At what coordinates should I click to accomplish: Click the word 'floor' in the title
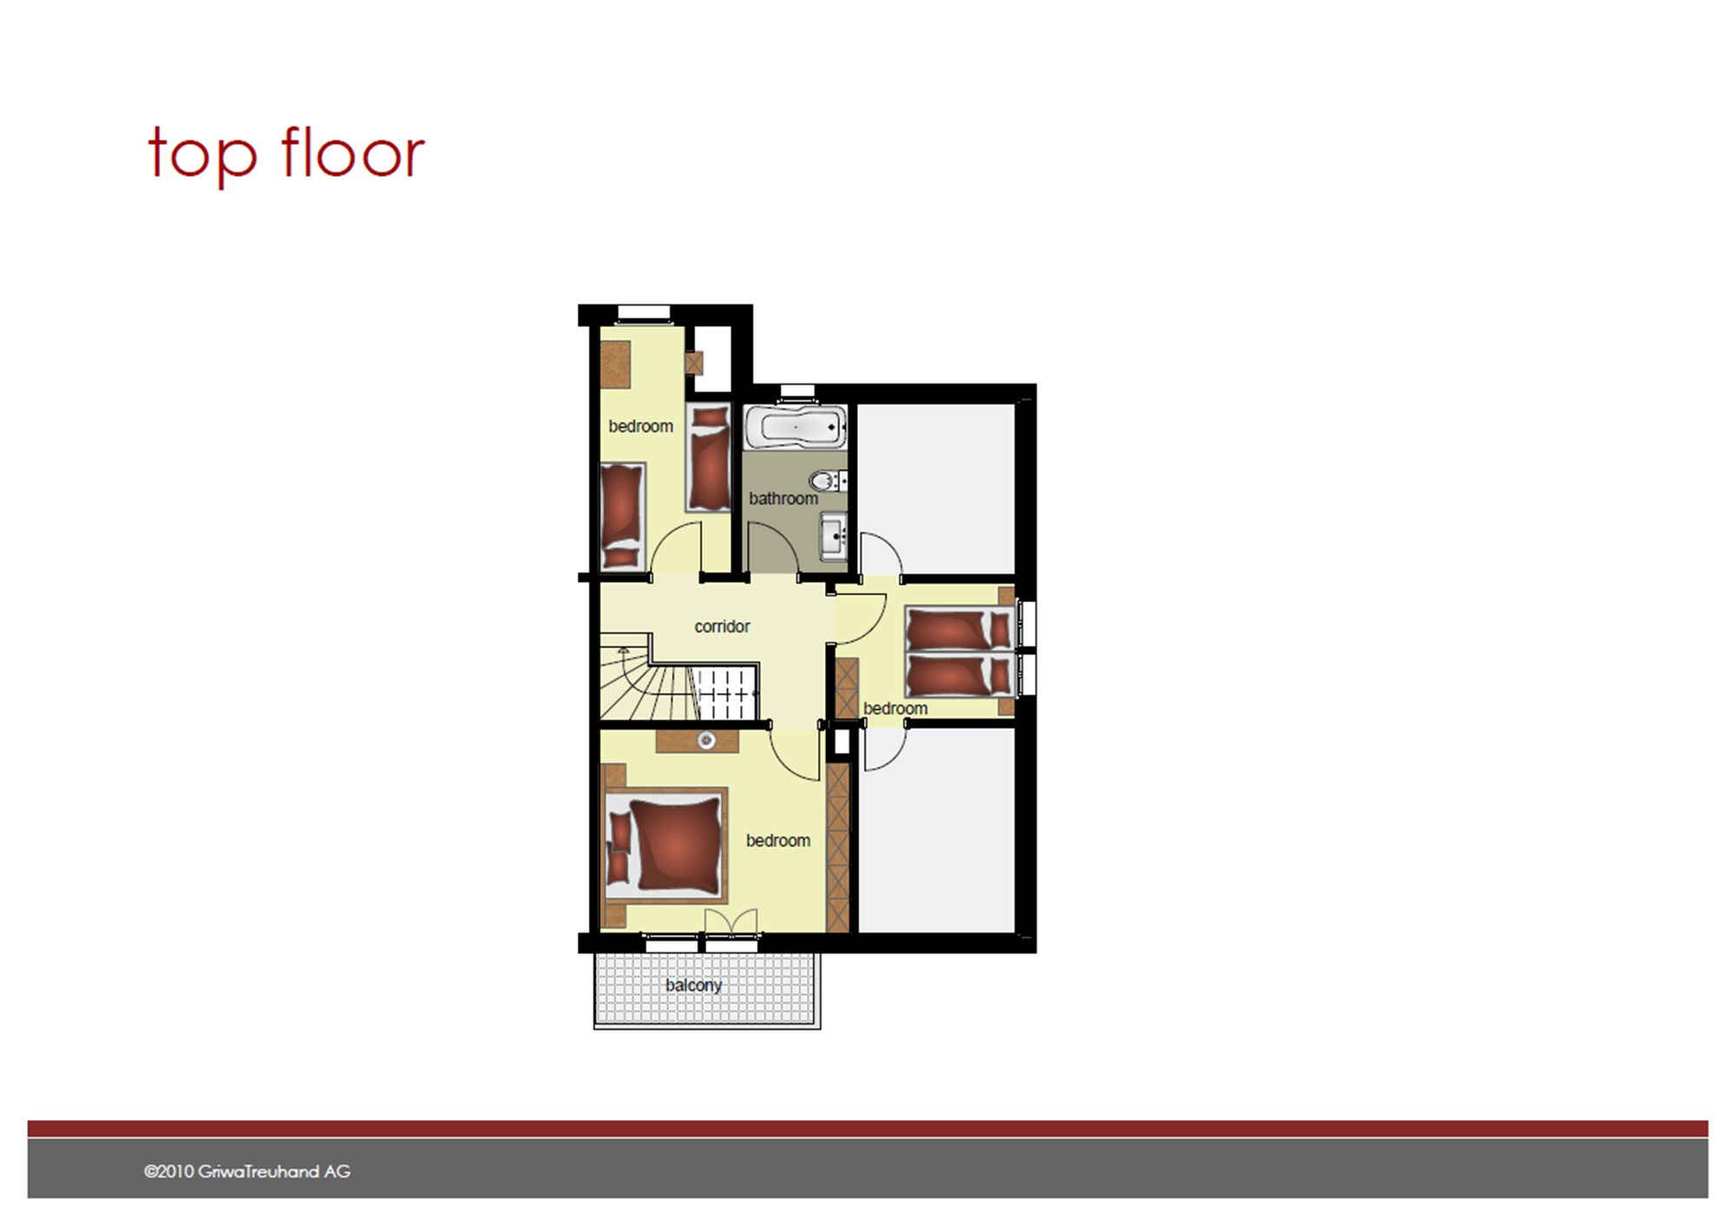click(353, 152)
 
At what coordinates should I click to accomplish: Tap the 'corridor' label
click(722, 626)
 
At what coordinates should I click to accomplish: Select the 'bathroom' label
click(783, 499)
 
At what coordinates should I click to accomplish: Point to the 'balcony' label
click(693, 986)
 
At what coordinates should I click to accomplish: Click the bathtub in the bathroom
click(795, 427)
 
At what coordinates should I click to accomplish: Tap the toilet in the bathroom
click(828, 480)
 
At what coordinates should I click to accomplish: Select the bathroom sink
click(834, 536)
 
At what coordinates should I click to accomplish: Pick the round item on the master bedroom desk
click(706, 740)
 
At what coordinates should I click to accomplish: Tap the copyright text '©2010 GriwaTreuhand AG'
click(247, 1171)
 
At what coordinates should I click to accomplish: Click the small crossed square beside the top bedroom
click(693, 363)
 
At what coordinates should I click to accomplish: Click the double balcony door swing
click(730, 921)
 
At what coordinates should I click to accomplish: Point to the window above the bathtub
click(797, 391)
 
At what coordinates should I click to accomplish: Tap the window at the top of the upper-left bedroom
click(644, 312)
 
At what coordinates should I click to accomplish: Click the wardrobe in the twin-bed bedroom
click(847, 688)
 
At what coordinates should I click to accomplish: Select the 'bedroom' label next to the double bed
click(778, 841)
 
